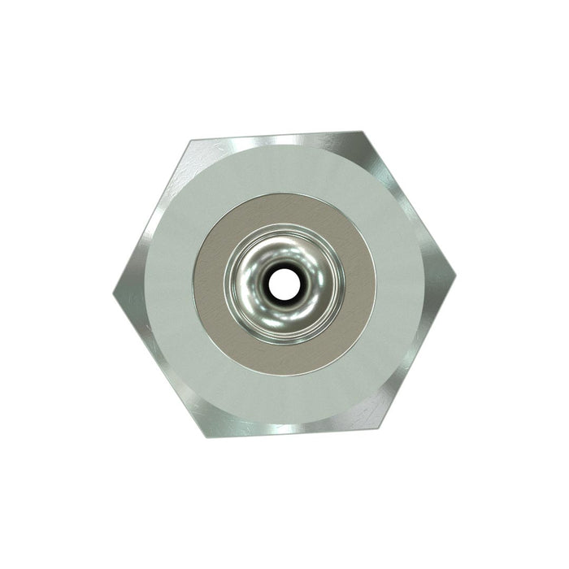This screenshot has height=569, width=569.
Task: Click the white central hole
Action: pos(283,283)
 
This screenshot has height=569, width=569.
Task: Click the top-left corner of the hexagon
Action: pos(190,140)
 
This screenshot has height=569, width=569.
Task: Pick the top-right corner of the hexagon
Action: pos(363,130)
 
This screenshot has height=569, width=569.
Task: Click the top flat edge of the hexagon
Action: pos(276,136)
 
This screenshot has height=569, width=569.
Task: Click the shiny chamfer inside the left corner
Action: pos(130,289)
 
